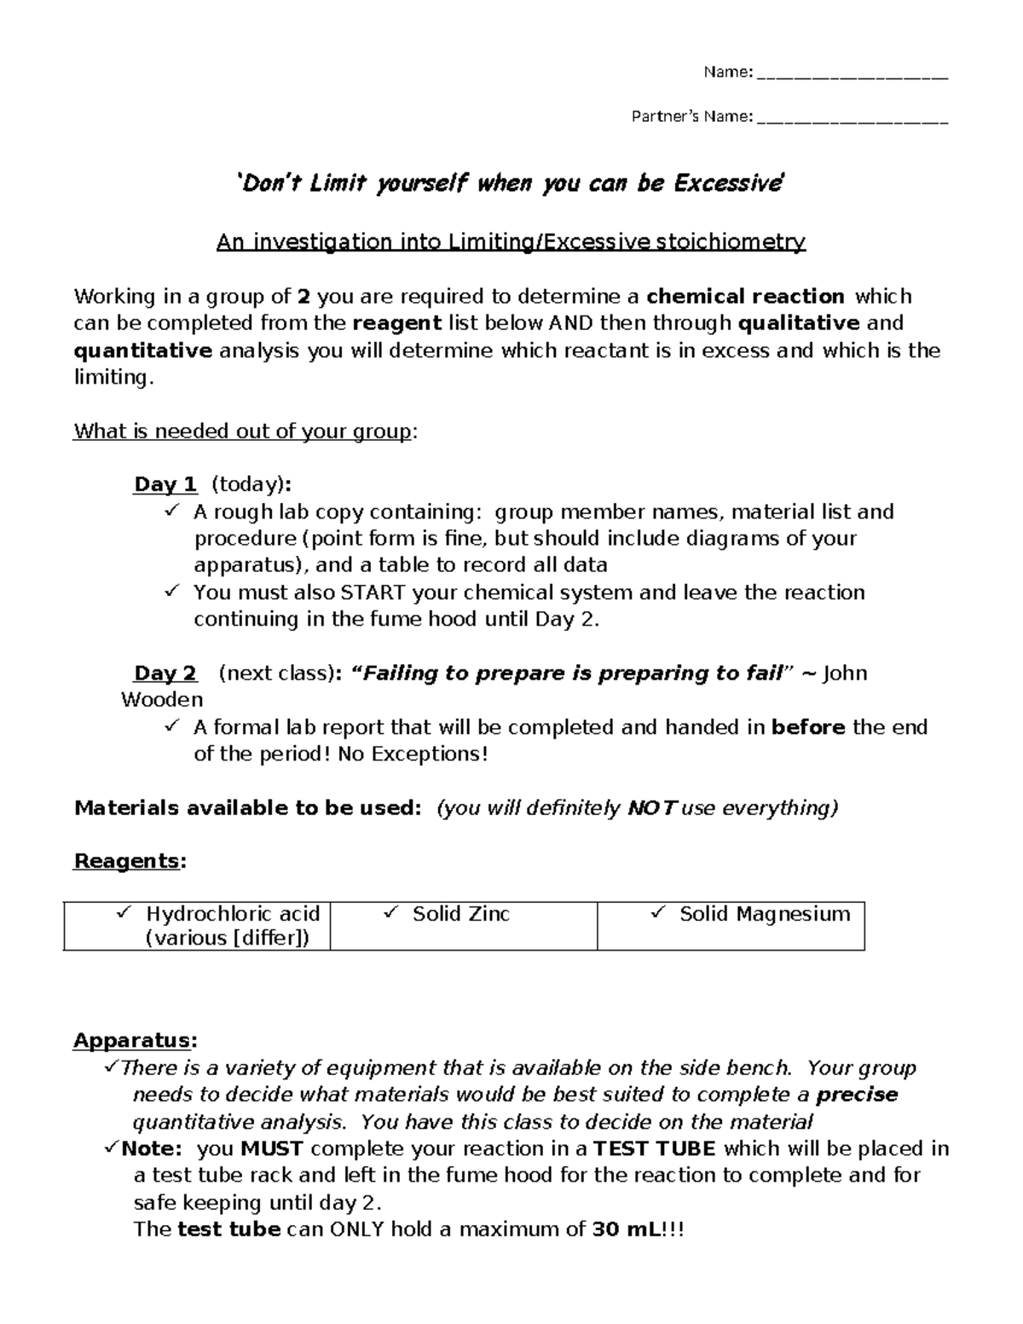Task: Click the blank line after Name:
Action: (852, 74)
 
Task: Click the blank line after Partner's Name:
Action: (852, 118)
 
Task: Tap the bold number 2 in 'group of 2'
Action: (303, 297)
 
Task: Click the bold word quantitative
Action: (142, 350)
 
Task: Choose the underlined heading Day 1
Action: (165, 485)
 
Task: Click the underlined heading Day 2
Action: (165, 674)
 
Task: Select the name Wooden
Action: (162, 700)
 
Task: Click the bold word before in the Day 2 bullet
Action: (808, 727)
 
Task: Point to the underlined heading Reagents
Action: (128, 861)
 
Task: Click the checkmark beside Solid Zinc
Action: (391, 913)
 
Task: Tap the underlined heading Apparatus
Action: (135, 1041)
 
